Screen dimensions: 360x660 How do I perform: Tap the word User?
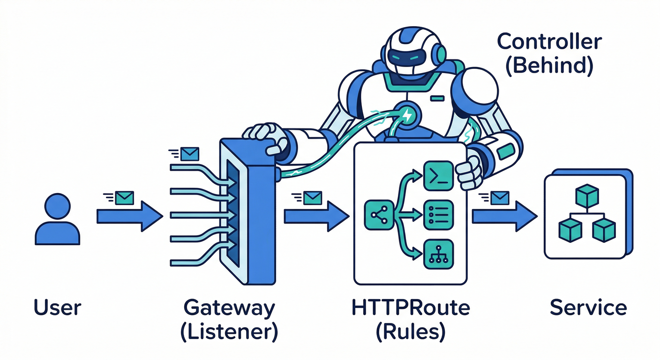click(x=58, y=308)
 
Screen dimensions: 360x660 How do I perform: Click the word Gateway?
click(x=229, y=308)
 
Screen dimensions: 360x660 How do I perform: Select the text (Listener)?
click(x=229, y=331)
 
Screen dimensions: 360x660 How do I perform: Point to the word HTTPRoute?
click(x=411, y=308)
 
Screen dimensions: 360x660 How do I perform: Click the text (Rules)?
click(x=411, y=331)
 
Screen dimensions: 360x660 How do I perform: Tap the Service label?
click(x=588, y=308)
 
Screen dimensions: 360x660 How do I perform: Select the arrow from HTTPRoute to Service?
click(x=504, y=217)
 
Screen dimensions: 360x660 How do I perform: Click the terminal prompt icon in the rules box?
click(x=438, y=175)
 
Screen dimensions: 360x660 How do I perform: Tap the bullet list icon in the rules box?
click(x=438, y=215)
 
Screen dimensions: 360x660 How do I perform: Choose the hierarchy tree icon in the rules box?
click(x=438, y=255)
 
